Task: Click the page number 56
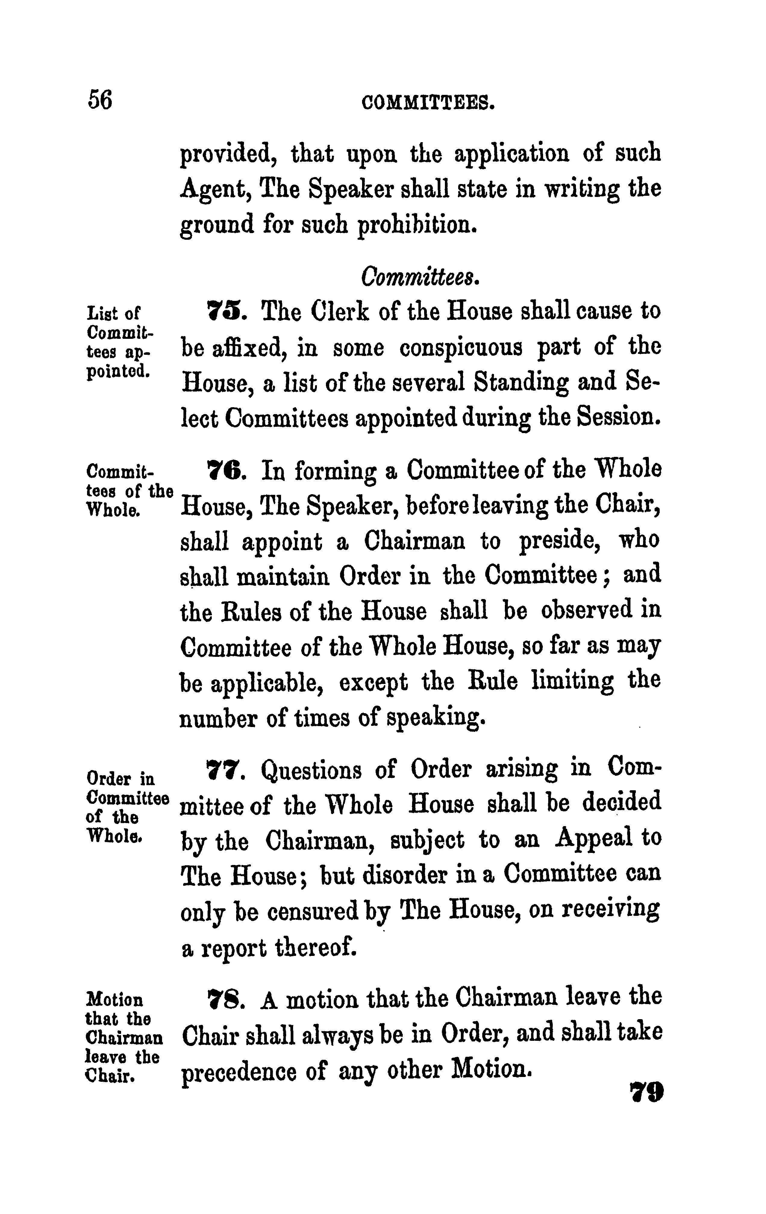click(100, 99)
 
